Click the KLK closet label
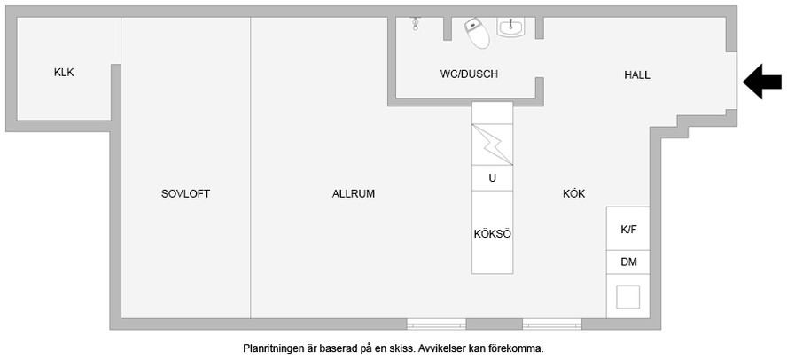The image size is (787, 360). (x=64, y=73)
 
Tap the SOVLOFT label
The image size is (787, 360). (x=185, y=194)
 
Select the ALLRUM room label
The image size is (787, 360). (x=354, y=194)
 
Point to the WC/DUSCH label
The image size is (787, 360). (x=469, y=74)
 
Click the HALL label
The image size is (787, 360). (x=637, y=75)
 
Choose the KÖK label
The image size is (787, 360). (x=573, y=194)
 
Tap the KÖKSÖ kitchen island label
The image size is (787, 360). (x=493, y=234)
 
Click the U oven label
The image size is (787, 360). (x=493, y=178)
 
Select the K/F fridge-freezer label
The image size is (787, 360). (x=628, y=230)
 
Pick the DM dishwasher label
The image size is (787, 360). (x=628, y=262)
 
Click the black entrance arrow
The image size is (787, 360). (x=762, y=82)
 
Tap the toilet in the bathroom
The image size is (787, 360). (x=478, y=33)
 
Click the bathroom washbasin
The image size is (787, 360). (x=510, y=27)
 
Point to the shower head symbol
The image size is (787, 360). (x=415, y=24)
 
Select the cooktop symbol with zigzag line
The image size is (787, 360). (x=493, y=145)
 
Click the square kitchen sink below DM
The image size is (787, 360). (x=627, y=297)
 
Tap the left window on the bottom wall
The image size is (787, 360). (x=436, y=325)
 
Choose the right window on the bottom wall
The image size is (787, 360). (x=552, y=325)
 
